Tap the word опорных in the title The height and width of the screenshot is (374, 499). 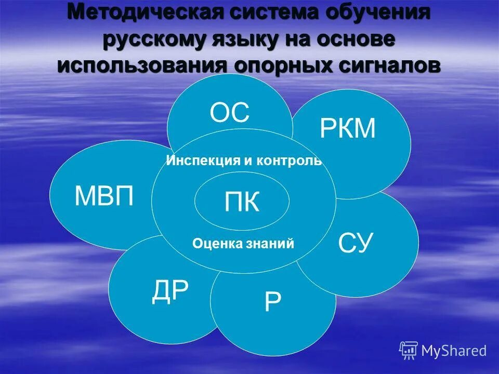click(279, 66)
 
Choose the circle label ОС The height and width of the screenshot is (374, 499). click(230, 113)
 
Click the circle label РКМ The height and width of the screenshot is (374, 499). click(347, 129)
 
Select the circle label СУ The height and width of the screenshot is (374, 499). click(356, 243)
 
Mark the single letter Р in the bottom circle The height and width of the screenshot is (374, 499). click(272, 302)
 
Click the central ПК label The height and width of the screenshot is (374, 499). click(242, 202)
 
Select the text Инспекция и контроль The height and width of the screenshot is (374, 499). click(244, 161)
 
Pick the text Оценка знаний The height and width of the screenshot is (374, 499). click(243, 243)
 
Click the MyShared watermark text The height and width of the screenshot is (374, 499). click(454, 351)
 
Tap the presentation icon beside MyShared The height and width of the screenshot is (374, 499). click(409, 351)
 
